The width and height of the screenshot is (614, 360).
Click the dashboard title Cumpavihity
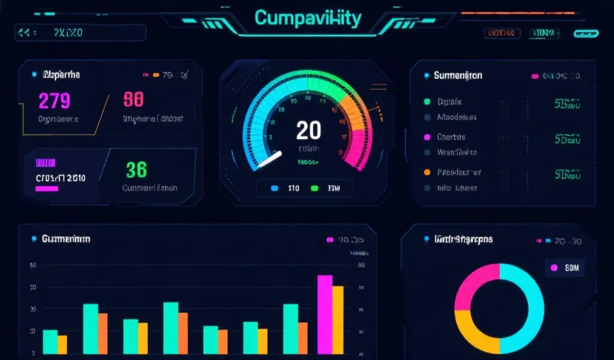pos(308,18)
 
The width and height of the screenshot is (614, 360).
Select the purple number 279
pos(54,100)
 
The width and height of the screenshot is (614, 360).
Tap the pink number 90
pos(133,100)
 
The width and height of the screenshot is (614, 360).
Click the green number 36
pos(136,170)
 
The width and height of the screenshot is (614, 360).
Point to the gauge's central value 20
pos(308,130)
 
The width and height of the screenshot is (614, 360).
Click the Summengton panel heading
pos(458,76)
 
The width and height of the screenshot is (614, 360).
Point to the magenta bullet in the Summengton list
pos(427,137)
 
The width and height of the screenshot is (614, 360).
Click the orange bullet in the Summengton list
pos(427,172)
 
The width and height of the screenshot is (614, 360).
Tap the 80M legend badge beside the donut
pos(565,268)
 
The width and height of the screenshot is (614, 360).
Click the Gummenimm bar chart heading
pos(66,239)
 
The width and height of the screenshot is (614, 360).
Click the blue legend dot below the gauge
pos(275,188)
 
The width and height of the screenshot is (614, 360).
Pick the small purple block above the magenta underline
pos(46,163)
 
